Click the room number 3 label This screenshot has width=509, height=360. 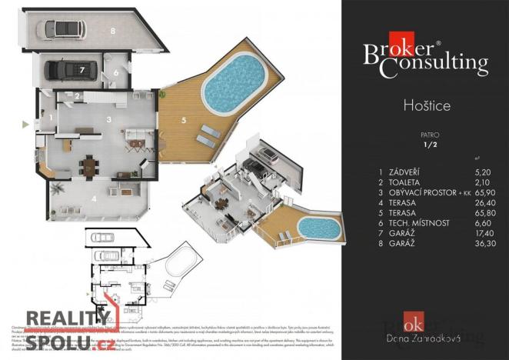109,119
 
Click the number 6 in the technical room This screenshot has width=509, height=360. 116,74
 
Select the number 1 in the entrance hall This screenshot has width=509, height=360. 51,118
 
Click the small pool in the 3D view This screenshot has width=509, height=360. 319,228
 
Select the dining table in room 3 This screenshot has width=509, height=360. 91,165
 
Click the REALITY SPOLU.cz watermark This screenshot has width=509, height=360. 68,327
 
